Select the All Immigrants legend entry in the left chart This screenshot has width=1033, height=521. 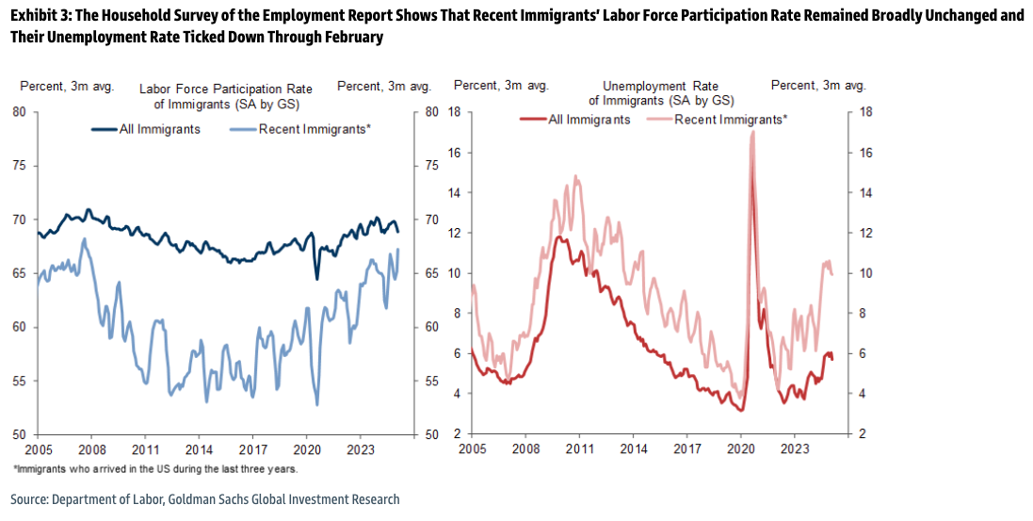[159, 129]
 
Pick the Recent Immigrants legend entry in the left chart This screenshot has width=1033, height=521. [315, 129]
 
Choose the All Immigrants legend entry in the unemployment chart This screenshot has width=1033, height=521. [589, 120]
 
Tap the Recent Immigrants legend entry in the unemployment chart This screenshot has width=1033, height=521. [731, 120]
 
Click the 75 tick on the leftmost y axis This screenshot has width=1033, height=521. [19, 167]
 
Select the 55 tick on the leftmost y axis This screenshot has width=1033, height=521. [19, 382]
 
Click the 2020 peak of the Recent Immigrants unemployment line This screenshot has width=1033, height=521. [752, 133]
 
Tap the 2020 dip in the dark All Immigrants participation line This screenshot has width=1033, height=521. [316, 278]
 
